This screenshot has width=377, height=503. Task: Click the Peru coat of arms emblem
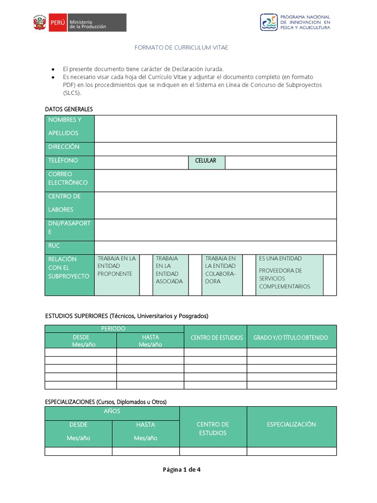(40, 23)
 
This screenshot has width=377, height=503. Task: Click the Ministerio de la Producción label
(88, 23)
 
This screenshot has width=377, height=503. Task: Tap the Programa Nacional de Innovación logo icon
(269, 22)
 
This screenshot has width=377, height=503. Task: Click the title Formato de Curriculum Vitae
(182, 48)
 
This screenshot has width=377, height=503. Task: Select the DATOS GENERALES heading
(69, 109)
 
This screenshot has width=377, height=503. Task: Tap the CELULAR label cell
(206, 161)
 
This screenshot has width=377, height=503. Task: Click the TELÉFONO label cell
(69, 161)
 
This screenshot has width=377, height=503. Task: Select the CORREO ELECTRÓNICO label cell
(69, 179)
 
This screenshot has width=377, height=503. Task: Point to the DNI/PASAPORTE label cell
(69, 228)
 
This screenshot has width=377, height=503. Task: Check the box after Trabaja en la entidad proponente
(146, 274)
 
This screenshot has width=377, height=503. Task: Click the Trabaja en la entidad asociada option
(170, 270)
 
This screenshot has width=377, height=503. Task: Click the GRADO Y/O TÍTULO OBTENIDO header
(291, 338)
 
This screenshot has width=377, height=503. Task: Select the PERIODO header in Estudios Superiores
(114, 328)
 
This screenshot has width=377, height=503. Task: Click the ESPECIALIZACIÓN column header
(291, 424)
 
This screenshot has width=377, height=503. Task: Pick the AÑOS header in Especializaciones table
(112, 411)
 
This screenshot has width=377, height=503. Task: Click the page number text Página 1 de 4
(182, 470)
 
